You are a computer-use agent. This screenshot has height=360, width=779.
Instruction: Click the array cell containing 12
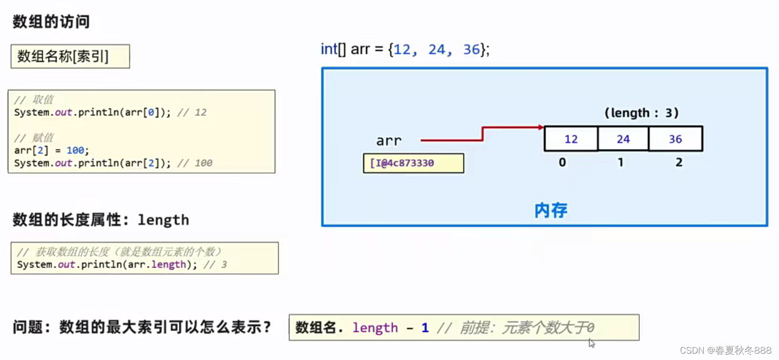(571, 139)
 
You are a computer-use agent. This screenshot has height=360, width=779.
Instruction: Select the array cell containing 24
(623, 139)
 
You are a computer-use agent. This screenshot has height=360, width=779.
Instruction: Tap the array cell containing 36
(676, 139)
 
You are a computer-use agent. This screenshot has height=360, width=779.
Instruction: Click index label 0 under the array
(562, 162)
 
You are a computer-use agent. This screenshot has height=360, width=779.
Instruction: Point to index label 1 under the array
(620, 162)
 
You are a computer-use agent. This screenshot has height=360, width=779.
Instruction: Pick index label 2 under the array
(679, 162)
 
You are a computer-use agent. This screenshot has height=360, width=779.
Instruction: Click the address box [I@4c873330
(413, 163)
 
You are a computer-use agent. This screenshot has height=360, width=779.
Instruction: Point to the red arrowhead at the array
(541, 127)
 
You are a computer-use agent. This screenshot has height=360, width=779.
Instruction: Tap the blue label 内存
(551, 210)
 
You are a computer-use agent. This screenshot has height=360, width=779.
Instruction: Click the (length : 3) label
(641, 113)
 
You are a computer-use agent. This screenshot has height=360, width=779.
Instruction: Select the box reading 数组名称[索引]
(70, 57)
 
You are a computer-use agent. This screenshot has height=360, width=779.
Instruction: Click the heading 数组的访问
(51, 21)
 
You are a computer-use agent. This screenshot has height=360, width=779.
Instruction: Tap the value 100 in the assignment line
(76, 150)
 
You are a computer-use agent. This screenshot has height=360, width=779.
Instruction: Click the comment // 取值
(34, 100)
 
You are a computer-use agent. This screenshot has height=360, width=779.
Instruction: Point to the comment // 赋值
(34, 138)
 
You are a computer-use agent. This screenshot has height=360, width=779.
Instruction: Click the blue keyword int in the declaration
(328, 49)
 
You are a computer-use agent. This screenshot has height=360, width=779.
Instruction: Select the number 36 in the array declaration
(471, 49)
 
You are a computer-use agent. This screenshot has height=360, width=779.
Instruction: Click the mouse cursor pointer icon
(592, 343)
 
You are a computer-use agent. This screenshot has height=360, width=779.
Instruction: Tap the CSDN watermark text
(725, 350)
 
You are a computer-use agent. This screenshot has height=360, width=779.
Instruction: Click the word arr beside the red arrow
(389, 141)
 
